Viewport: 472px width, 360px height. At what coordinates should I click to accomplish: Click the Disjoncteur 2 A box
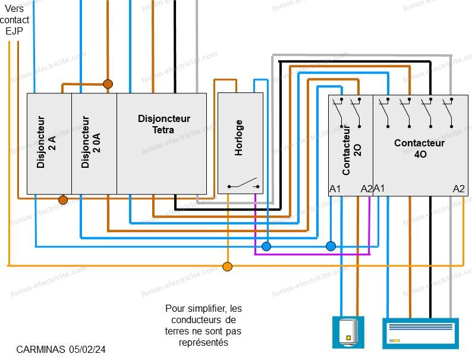(49, 143)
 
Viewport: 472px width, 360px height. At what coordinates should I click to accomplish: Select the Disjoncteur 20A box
(94, 143)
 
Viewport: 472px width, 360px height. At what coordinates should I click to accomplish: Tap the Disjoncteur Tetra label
(163, 124)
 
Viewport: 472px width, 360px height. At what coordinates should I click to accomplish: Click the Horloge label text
(239, 138)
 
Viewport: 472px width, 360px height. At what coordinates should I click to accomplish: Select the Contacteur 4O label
(420, 148)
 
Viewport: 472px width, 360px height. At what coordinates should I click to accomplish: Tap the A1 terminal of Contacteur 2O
(335, 189)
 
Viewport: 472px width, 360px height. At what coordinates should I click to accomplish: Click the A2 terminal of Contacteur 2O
(366, 189)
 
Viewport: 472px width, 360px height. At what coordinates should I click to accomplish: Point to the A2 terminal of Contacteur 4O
(458, 189)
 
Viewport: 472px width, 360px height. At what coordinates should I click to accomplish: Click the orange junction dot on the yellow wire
(227, 266)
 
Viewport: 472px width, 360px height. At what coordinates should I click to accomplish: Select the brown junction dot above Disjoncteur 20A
(108, 84)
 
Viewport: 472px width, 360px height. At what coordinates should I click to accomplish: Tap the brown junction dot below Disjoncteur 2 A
(63, 200)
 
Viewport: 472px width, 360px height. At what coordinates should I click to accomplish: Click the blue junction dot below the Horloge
(266, 246)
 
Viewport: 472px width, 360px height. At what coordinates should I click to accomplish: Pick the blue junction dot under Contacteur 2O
(331, 246)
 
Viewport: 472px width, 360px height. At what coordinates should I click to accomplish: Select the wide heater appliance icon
(420, 333)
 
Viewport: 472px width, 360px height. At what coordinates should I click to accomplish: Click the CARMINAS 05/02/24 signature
(57, 349)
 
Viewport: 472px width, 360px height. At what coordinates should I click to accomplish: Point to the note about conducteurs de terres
(204, 325)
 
